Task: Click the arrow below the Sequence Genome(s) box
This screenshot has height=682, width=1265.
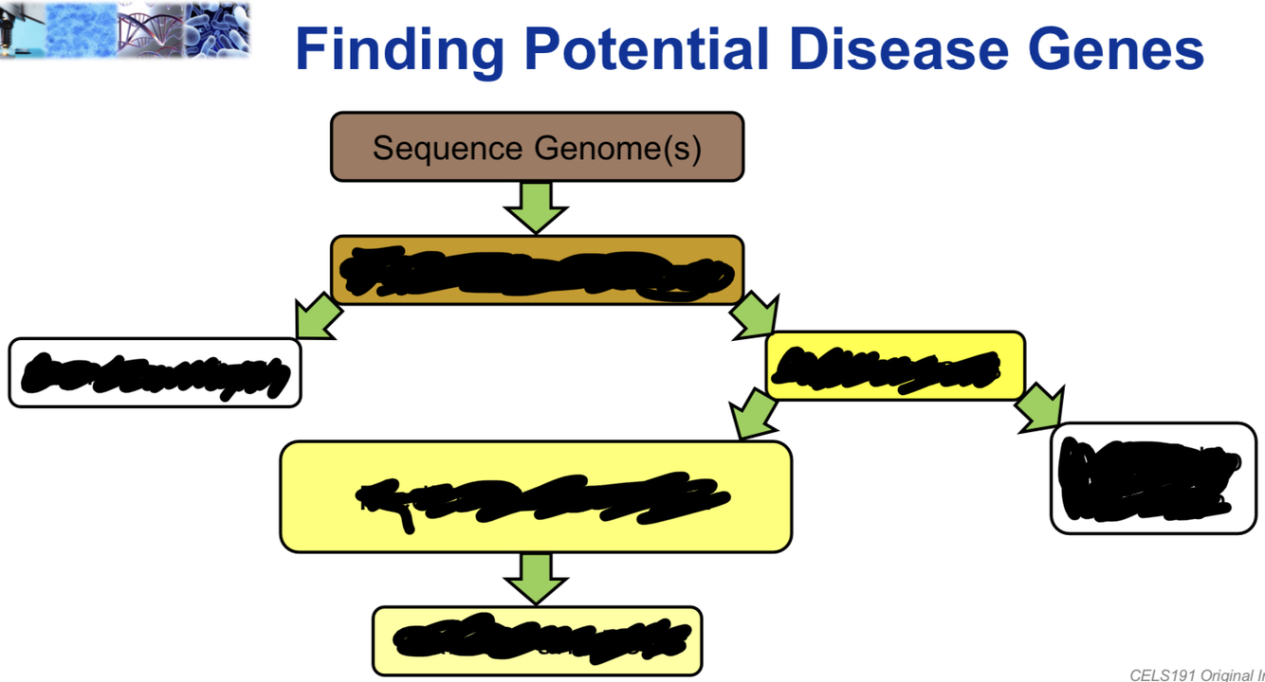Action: coord(536,206)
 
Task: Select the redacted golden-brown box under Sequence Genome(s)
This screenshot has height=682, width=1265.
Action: coord(537,270)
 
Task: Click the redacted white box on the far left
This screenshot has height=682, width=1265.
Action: coord(155,373)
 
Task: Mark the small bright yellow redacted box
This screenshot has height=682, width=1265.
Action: coord(894,366)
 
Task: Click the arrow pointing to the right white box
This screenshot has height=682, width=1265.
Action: coord(1040,408)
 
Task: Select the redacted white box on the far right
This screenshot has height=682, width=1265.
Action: coord(1153,478)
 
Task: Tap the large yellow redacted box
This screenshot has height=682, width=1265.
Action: coord(536,496)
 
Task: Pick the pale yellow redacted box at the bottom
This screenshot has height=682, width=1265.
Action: coord(537,640)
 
